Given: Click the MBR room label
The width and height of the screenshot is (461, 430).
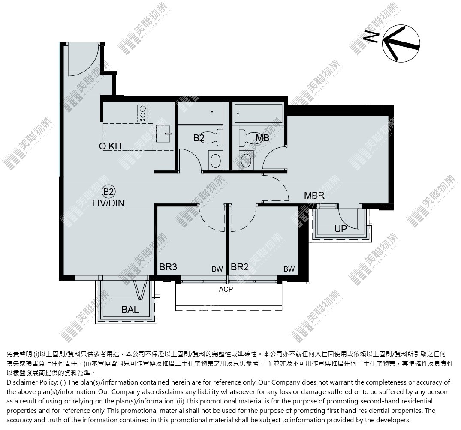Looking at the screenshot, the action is pos(314,195).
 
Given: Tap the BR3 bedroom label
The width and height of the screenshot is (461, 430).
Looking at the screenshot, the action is pos(168,267).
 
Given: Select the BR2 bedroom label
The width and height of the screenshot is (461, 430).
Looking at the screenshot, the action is pos(240,267).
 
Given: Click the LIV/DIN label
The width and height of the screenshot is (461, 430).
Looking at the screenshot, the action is pos(108,203).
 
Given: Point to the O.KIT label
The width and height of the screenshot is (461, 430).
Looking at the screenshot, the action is pos(111,146).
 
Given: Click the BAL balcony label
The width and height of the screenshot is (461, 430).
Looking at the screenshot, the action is pos(130,309).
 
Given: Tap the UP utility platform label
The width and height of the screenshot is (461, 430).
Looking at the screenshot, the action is pos(340,229).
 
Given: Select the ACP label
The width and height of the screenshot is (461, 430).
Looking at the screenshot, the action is pos(226,290).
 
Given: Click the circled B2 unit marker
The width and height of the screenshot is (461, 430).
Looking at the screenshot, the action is pos(108,192).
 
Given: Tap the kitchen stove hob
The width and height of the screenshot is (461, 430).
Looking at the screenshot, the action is pos(143,113).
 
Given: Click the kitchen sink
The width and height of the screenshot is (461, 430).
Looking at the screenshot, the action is pos(163,134).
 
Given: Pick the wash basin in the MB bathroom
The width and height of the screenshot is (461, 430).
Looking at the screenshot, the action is pos(246,160).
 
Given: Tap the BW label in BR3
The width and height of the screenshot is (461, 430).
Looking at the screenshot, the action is pos(217,269).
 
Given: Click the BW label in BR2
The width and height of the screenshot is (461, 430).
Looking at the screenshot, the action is pos(289,269).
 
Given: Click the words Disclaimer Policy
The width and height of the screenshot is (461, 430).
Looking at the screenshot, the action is pos(32,382).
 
